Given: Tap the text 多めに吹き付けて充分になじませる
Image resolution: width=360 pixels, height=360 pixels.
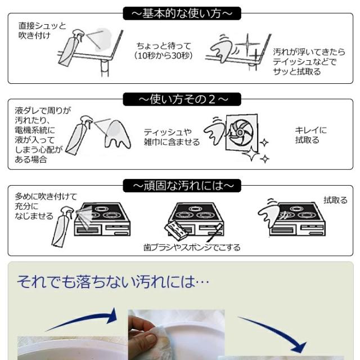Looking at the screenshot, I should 34,206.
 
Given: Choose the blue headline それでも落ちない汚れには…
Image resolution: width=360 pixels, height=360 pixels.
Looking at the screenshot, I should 113,281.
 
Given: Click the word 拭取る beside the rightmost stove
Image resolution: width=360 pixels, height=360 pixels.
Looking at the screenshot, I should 335,200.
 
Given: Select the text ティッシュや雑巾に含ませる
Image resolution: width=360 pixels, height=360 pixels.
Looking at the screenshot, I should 172,137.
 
